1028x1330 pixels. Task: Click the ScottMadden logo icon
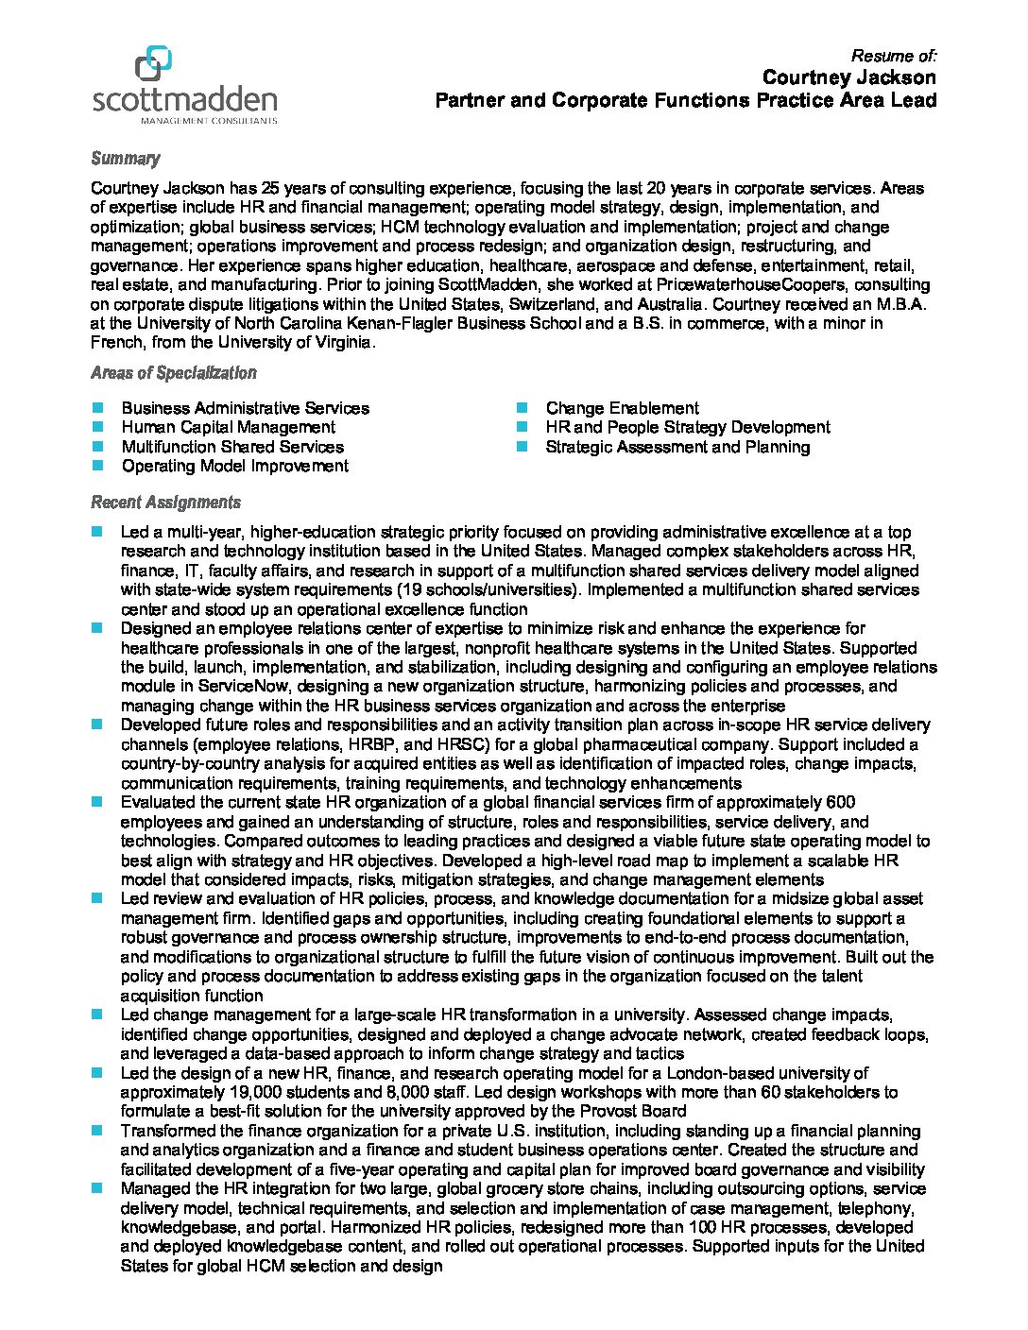[x=153, y=64]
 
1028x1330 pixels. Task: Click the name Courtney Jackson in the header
[x=848, y=77]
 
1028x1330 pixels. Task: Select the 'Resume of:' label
[x=893, y=55]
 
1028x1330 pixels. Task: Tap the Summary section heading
[x=125, y=159]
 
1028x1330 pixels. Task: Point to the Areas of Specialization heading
[x=173, y=373]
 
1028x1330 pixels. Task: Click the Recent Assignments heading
[x=165, y=503]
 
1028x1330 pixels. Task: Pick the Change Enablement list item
[x=622, y=408]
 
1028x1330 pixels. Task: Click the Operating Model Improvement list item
[x=234, y=466]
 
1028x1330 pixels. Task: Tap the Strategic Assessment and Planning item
[x=677, y=447]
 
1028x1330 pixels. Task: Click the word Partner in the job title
[x=469, y=100]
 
